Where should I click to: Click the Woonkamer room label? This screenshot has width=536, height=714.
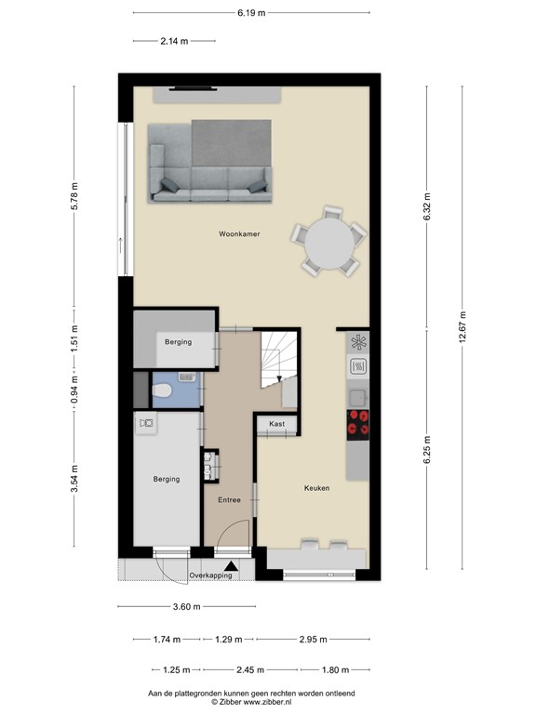238,234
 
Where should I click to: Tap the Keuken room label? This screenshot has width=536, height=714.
316,487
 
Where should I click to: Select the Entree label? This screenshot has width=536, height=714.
229,500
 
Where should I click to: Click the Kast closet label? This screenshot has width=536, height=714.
276,424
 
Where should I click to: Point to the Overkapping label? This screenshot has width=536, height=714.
209,576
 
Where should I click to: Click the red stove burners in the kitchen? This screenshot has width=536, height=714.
358,423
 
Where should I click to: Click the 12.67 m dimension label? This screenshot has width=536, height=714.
463,325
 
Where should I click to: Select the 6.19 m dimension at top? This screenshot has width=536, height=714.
251,12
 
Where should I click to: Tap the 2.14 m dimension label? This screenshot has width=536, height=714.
174,41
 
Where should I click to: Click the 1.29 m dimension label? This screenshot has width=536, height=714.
229,640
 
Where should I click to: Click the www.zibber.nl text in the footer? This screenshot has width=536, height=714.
275,704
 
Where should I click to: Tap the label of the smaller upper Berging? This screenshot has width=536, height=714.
178,342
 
